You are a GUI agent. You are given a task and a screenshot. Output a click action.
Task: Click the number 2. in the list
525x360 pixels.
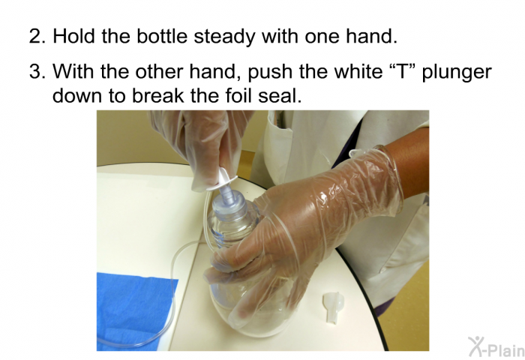37,35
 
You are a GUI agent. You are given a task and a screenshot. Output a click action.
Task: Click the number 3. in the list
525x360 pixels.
37,72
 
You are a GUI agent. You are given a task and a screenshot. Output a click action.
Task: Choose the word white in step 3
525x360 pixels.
335,72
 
